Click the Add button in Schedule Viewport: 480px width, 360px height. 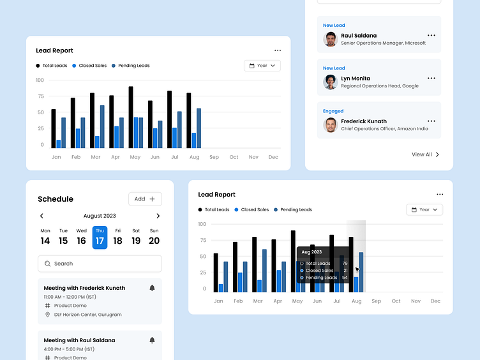(x=145, y=199)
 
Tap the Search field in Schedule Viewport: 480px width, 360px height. (x=100, y=264)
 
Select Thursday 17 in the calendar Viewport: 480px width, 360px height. (x=100, y=237)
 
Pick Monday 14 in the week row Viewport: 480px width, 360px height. (x=45, y=237)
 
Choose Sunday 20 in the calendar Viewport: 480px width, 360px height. (x=154, y=237)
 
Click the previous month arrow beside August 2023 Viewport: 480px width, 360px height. (x=42, y=216)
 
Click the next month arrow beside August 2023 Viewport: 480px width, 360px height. (x=158, y=216)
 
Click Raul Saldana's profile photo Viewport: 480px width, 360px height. (x=330, y=39)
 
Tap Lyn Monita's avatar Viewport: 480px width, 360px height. (x=330, y=82)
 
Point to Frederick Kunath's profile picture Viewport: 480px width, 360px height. (x=330, y=124)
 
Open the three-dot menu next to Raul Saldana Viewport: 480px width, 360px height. (x=431, y=35)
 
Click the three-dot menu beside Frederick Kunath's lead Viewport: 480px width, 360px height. (x=431, y=121)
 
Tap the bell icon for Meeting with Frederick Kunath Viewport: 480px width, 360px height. (x=152, y=289)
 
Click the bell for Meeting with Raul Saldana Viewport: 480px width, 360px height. (x=152, y=340)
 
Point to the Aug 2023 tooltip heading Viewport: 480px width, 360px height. (x=311, y=252)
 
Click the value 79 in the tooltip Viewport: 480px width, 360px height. (x=345, y=264)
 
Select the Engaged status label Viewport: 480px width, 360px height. (x=333, y=111)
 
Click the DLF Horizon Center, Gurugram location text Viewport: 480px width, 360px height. (x=87, y=315)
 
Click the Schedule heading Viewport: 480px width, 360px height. (x=56, y=199)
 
